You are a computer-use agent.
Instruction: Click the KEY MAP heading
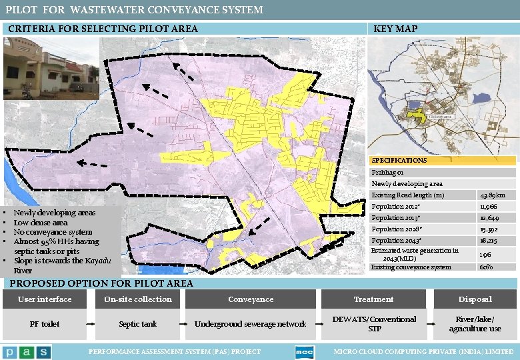(396, 29)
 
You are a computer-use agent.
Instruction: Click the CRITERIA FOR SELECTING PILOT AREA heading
(103, 29)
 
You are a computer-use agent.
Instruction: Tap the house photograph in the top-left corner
(51, 69)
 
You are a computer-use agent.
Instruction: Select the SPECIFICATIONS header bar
(443, 161)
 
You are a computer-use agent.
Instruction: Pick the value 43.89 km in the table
(497, 195)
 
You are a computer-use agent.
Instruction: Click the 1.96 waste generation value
(487, 254)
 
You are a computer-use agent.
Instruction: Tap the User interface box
(45, 299)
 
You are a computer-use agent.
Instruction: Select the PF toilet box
(45, 324)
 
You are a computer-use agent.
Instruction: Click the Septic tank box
(138, 324)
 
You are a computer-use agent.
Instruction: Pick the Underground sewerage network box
(251, 324)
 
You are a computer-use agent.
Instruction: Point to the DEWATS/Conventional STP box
(374, 324)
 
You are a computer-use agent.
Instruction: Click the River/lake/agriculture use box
(475, 324)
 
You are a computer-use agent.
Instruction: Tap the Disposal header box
(475, 299)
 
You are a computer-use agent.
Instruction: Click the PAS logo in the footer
(27, 352)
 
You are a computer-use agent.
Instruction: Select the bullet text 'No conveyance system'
(53, 232)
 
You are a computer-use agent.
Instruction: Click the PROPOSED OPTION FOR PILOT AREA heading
(99, 283)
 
